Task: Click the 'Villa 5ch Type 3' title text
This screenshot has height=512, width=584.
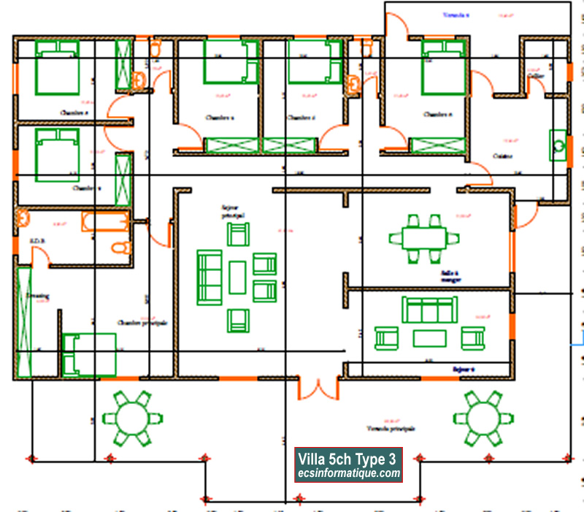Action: pyautogui.click(x=347, y=459)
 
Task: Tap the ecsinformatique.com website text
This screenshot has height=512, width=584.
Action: pyautogui.click(x=347, y=473)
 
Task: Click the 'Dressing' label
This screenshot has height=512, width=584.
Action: pyautogui.click(x=37, y=296)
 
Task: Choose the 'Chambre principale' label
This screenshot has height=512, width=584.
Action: pyautogui.click(x=142, y=322)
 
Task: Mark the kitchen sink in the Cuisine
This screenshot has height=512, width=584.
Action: pyautogui.click(x=558, y=145)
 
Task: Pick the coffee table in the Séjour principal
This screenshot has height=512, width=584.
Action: pyautogui.click(x=237, y=277)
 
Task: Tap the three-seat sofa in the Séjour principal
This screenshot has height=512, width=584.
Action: pyautogui.click(x=210, y=278)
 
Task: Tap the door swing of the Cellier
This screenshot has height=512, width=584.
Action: pyautogui.click(x=536, y=83)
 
